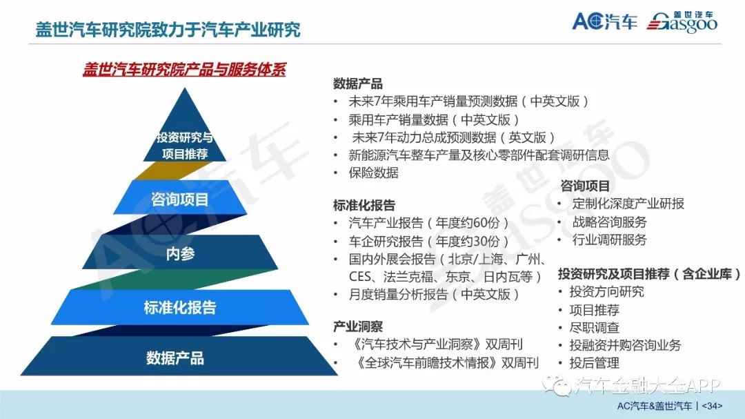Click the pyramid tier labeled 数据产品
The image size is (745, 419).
point(179,356)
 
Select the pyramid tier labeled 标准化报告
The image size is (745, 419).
point(179,307)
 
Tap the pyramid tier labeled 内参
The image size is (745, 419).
point(180,253)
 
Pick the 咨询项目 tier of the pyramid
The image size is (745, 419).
point(179,198)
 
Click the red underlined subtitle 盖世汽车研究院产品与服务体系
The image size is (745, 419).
point(184,70)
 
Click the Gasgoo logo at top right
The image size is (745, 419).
point(682,22)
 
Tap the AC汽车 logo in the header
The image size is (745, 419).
point(604,21)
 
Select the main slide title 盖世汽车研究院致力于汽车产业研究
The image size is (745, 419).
point(168,30)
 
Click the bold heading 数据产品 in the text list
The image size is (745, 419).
point(358,84)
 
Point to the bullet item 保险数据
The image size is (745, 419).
point(373,173)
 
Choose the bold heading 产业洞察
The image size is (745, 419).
point(358,327)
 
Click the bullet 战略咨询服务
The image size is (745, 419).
point(610,222)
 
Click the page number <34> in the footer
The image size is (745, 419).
point(712,406)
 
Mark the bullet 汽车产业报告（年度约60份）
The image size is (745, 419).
point(428,222)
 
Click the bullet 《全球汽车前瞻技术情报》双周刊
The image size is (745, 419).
point(447,363)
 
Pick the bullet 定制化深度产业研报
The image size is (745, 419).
point(628,204)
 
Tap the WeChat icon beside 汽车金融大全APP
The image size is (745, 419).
point(557,384)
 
